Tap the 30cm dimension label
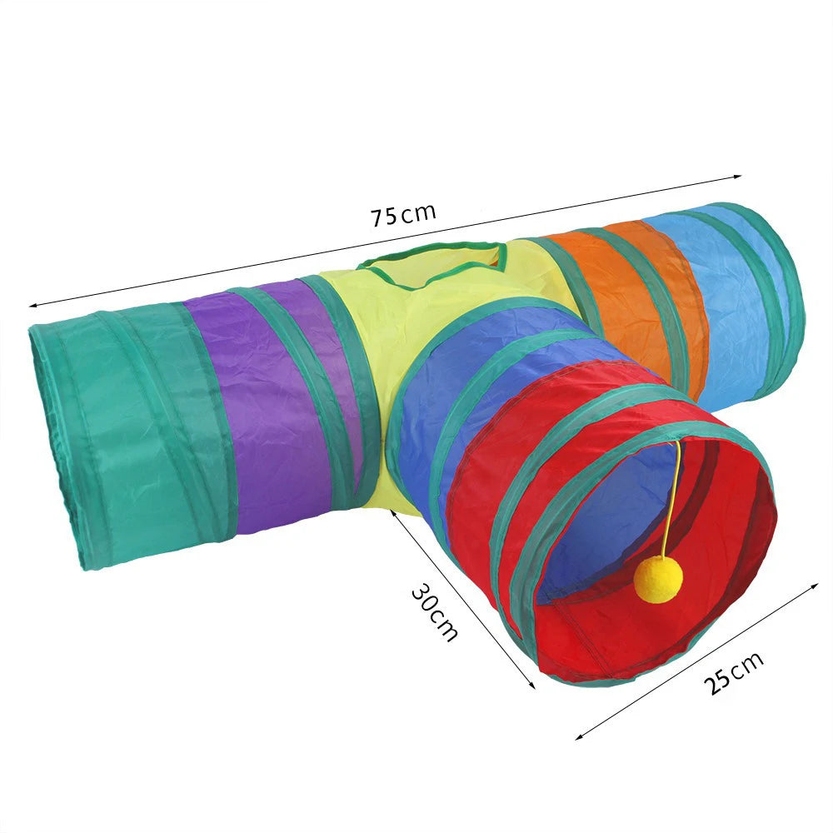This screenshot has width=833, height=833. pos(435,612)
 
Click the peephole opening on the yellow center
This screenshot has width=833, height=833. pos(431,265)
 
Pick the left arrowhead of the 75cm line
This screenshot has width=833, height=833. pos(33,305)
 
